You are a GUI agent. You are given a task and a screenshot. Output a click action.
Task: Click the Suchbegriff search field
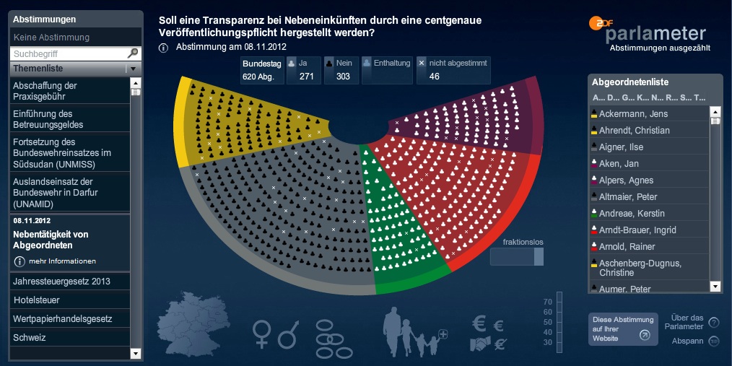point(69,53)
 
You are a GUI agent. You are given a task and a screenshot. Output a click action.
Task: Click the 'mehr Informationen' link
point(62,261)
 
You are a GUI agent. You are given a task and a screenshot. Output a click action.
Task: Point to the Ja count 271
point(306,77)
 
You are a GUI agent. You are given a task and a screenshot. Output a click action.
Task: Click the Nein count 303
point(343,77)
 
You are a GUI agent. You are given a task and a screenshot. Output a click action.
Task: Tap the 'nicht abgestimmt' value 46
point(435,77)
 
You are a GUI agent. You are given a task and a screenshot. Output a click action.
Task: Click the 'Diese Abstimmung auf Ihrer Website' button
point(622,328)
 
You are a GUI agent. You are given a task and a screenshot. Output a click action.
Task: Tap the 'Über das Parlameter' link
point(687,322)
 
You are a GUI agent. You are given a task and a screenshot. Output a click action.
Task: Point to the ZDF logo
point(600,23)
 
